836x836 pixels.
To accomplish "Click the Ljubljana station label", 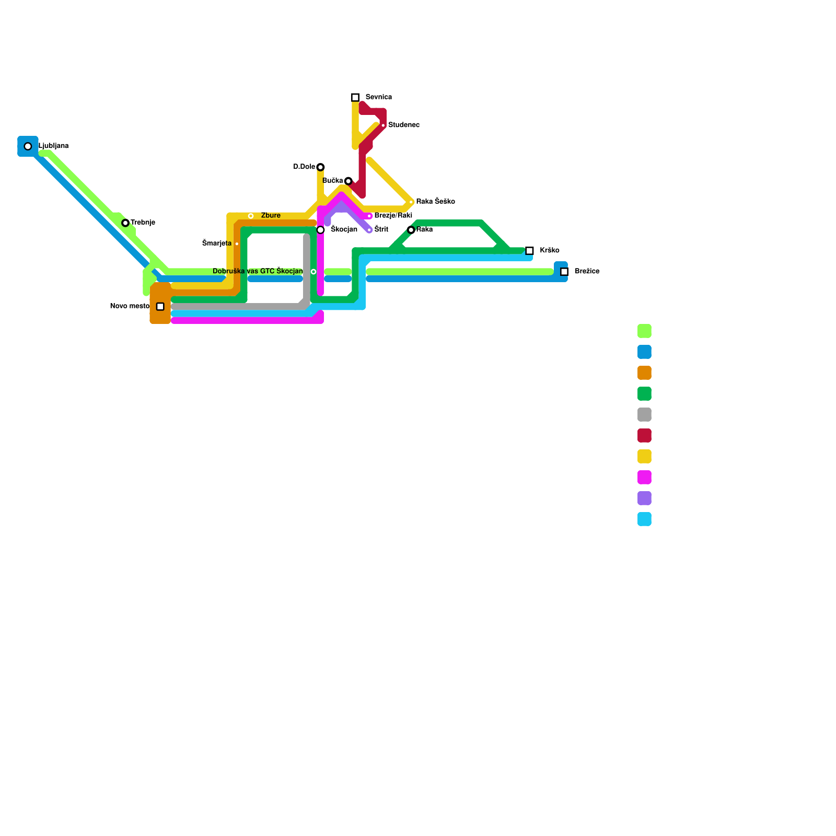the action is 54,146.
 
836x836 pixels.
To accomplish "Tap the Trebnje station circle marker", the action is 125,223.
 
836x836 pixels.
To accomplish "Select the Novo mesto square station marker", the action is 160,307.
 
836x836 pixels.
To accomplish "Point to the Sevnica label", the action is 379,97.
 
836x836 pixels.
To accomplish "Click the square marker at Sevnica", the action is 355,98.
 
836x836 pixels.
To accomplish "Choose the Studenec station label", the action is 404,125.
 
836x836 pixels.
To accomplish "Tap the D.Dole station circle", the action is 320,167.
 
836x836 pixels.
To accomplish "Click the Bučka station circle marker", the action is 349,181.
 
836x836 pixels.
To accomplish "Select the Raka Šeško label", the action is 435,202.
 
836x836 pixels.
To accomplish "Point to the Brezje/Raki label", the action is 393,216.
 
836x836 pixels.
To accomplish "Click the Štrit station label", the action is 381,230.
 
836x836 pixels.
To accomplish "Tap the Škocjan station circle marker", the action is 320,230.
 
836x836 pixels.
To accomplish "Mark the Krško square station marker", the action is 529,251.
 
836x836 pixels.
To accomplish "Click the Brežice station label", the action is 587,272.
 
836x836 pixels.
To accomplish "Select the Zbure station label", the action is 271,216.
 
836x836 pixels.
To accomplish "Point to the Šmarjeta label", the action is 217,243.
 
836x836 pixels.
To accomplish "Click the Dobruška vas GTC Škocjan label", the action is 258,271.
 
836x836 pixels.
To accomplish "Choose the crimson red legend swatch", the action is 644,436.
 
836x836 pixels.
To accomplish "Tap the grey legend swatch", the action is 644,415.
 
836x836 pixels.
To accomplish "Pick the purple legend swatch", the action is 644,498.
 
